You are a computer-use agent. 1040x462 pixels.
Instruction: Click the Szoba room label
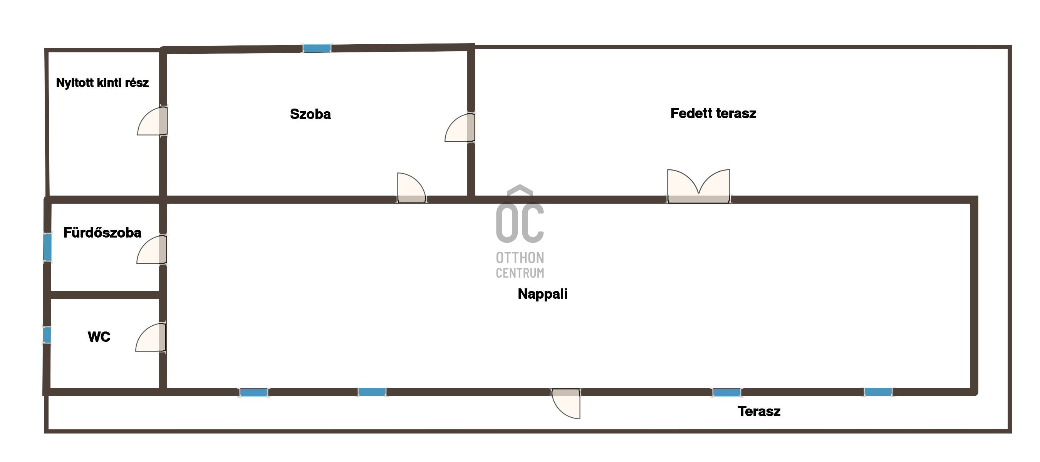click(x=310, y=114)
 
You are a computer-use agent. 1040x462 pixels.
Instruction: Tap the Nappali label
click(x=542, y=294)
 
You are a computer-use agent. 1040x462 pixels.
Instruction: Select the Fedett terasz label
click(x=713, y=113)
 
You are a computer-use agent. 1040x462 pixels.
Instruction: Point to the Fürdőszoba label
click(x=102, y=233)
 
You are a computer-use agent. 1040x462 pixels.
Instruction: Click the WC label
click(x=99, y=337)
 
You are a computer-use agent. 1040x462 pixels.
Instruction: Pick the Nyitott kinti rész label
click(x=102, y=83)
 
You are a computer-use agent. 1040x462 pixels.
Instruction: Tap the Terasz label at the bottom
click(x=759, y=412)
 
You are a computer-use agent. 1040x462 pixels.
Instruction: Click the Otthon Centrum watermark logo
click(x=520, y=232)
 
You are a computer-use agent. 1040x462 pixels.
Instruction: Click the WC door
click(x=151, y=337)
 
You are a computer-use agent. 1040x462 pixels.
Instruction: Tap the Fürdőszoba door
click(x=152, y=250)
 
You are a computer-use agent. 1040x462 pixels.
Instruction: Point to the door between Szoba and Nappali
click(x=411, y=188)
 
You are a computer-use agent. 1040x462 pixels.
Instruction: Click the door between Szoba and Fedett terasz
click(x=460, y=127)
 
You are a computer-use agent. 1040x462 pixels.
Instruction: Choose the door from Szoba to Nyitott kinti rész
click(x=153, y=121)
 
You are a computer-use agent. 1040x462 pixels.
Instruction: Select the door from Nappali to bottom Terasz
click(x=566, y=403)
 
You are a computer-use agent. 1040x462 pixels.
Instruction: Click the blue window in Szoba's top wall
click(x=317, y=49)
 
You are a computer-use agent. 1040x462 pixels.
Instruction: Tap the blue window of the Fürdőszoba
click(x=48, y=247)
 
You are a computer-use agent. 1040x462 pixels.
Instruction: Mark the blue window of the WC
click(x=47, y=335)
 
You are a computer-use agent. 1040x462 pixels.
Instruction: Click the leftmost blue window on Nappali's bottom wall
click(x=253, y=392)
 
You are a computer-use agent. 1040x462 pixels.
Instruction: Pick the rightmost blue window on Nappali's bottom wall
click(x=878, y=392)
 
